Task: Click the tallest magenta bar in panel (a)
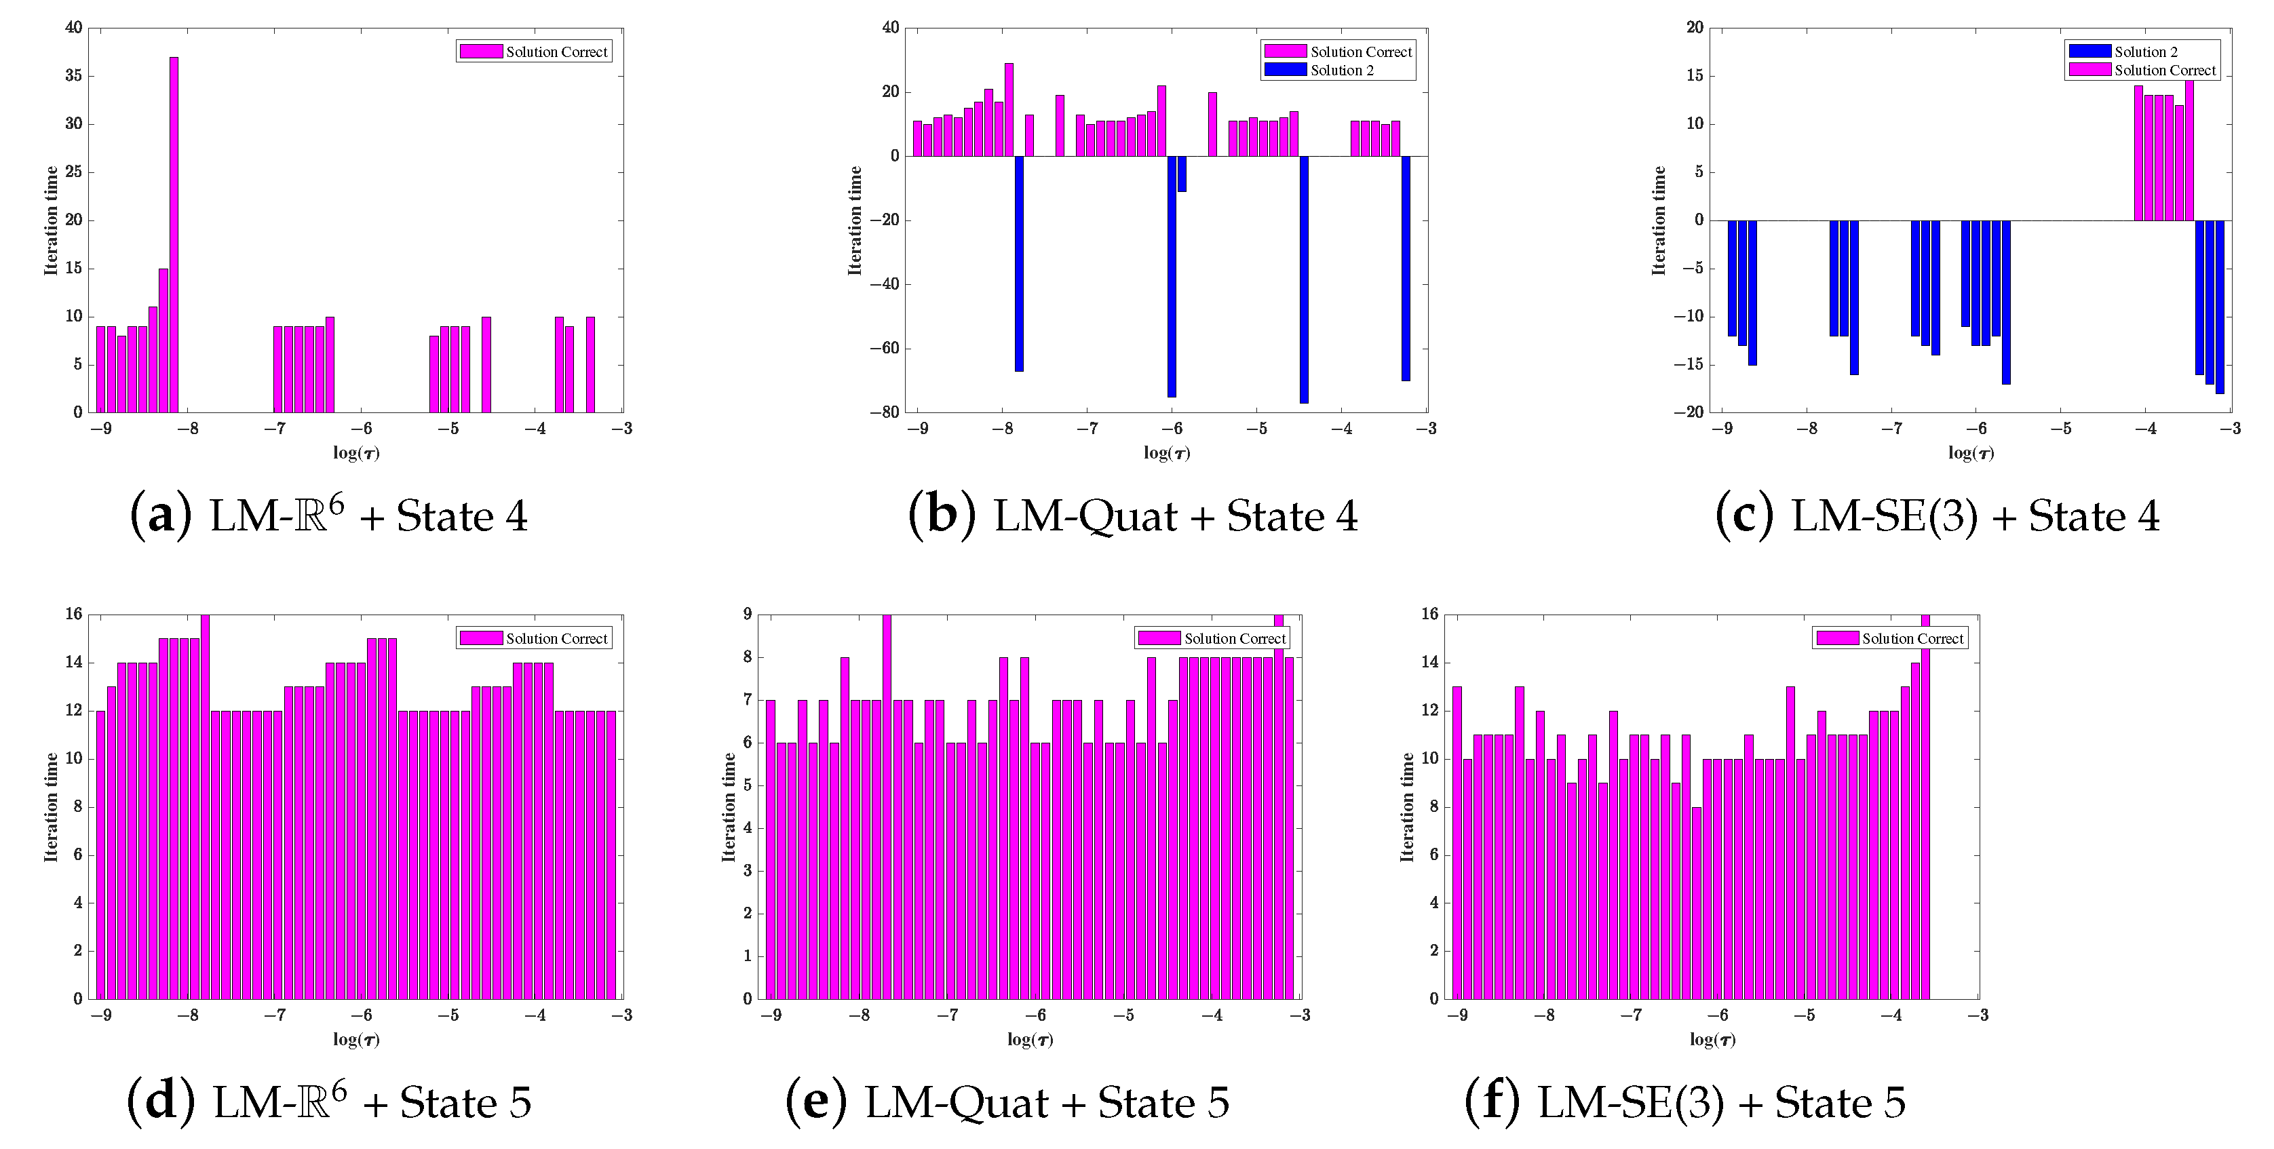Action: coord(174,234)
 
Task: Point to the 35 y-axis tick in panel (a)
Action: coord(73,76)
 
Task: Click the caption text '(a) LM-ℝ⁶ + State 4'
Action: coord(328,516)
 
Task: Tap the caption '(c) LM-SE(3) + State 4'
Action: coord(1937,516)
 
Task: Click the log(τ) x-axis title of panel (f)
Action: coord(1712,1040)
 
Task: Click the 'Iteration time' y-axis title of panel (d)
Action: coord(51,806)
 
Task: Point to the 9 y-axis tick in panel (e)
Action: coord(747,615)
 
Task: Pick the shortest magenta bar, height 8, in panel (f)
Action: coord(1697,903)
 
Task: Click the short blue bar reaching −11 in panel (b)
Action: coord(1182,174)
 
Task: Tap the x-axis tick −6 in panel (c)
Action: coord(1976,429)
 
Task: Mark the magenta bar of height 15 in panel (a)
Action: coord(163,340)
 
